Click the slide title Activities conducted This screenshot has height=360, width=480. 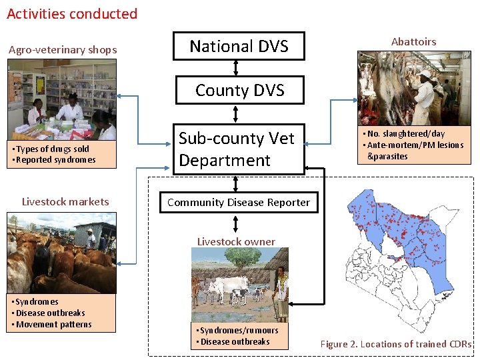[72, 14]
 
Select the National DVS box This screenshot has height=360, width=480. [239, 46]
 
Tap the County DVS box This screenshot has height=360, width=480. [239, 91]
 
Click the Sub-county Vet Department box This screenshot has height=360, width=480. [239, 149]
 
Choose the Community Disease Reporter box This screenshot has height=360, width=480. [239, 202]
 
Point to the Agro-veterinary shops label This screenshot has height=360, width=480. [63, 49]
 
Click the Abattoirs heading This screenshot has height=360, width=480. [413, 41]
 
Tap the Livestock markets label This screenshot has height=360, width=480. [65, 201]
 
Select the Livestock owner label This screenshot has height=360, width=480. [236, 241]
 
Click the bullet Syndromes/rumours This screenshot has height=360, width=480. [237, 330]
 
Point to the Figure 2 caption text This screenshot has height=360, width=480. [396, 344]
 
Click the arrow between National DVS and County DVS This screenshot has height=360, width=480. [235, 68]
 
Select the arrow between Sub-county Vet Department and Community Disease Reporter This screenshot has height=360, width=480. [235, 184]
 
